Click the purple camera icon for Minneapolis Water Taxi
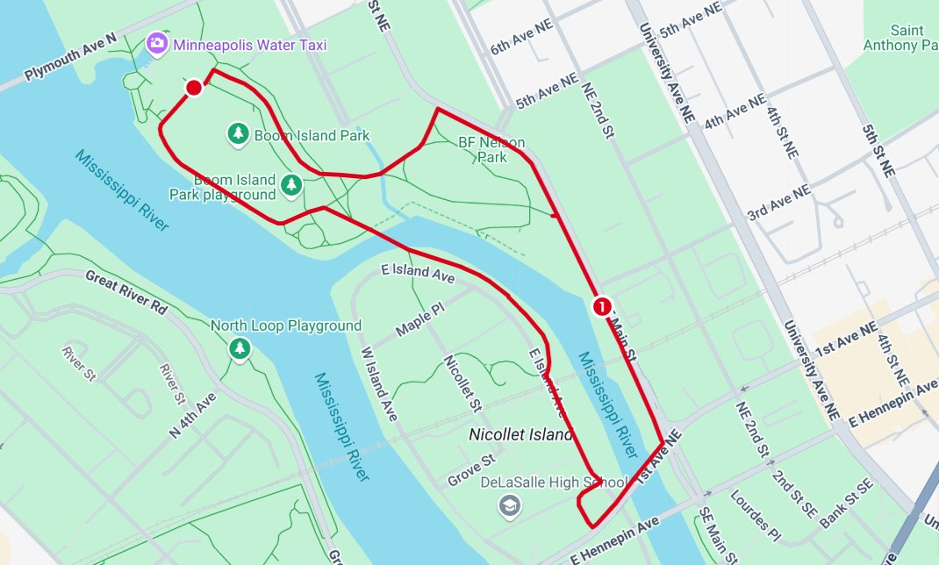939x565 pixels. (157, 43)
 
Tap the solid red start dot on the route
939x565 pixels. (194, 87)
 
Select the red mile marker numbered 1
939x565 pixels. (602, 306)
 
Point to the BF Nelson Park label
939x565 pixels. (491, 150)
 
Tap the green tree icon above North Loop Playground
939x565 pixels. (240, 348)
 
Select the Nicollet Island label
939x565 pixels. (520, 434)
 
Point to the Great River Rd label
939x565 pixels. (125, 291)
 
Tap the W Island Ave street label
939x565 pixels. (380, 384)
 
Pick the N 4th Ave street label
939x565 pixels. (191, 415)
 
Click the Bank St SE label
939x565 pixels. (847, 504)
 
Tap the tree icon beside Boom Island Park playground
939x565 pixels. (291, 185)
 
